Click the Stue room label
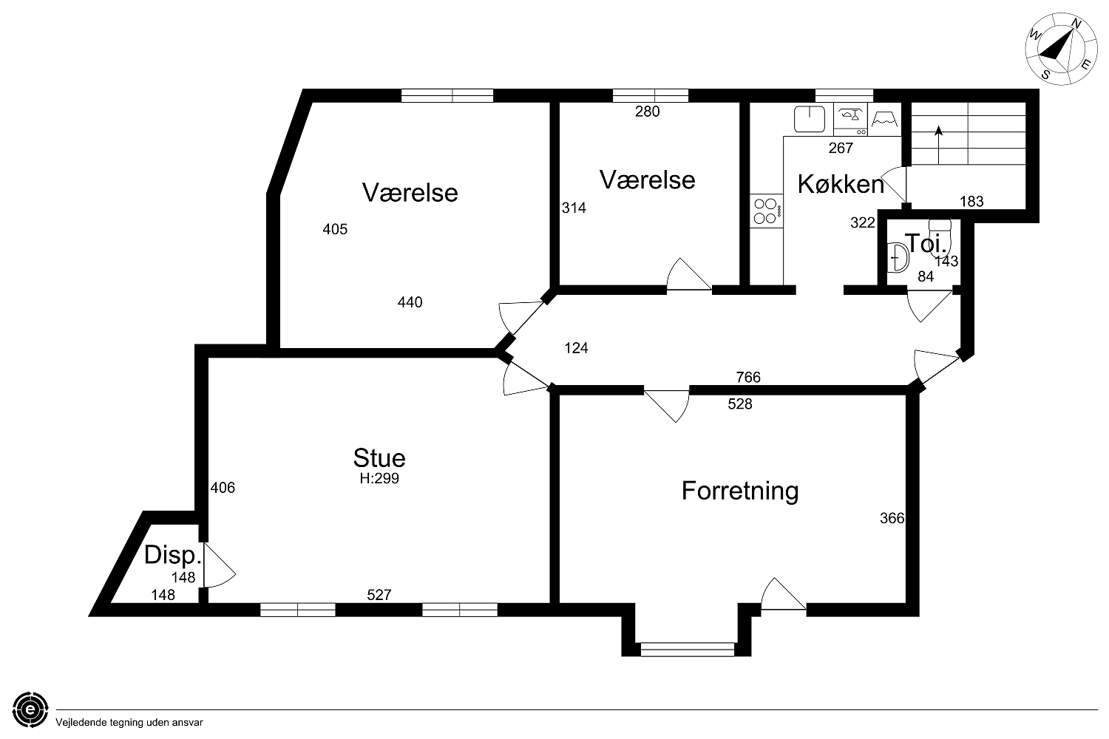click(379, 458)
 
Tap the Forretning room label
click(740, 491)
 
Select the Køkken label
click(841, 185)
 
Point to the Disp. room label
click(173, 556)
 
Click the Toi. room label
click(926, 244)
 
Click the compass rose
click(1054, 49)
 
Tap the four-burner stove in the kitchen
click(766, 211)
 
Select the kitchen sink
click(810, 119)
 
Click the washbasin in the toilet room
click(898, 258)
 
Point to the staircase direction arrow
click(939, 145)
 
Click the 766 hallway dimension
click(748, 378)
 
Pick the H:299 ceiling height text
click(379, 479)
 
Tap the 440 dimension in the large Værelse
click(410, 302)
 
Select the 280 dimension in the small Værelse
click(648, 112)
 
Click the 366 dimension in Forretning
click(892, 518)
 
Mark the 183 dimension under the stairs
click(972, 202)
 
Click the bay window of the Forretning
click(687, 650)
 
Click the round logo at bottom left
click(30, 710)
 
